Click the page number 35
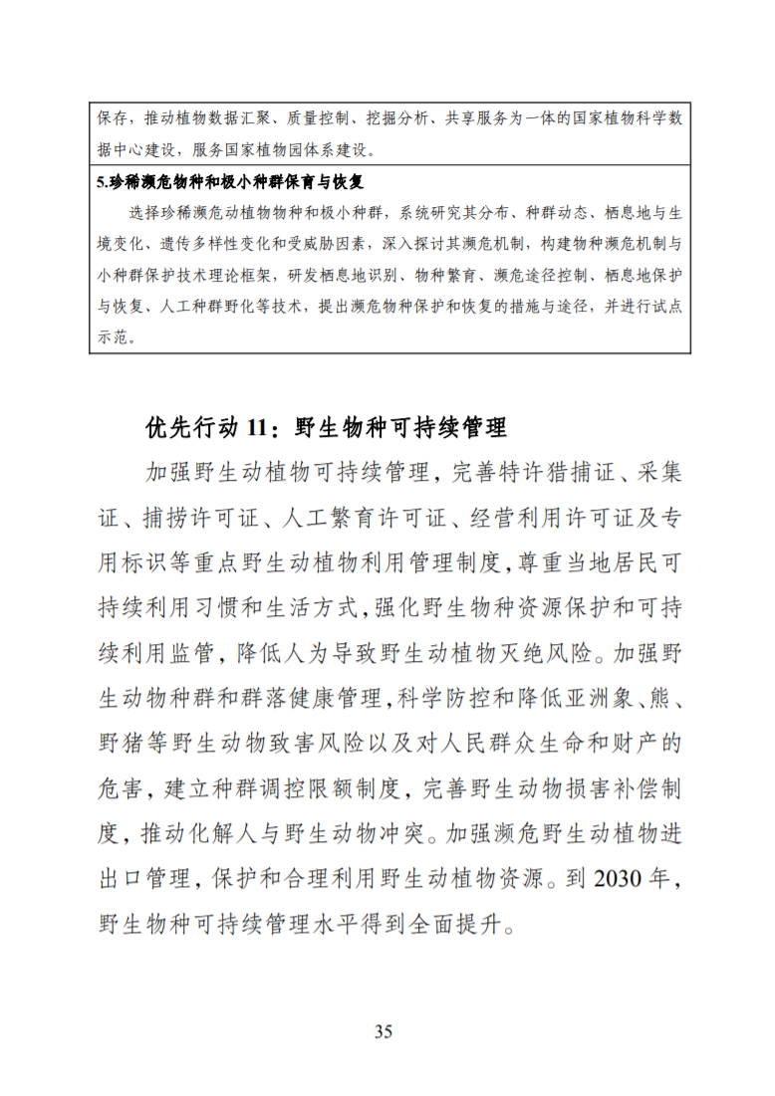coord(384,1031)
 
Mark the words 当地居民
coord(609,561)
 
